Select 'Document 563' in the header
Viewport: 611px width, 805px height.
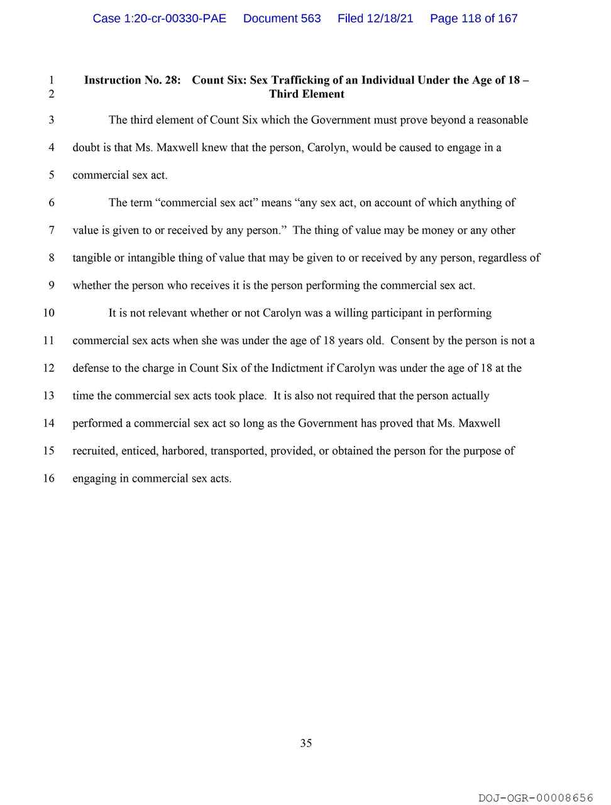(x=282, y=18)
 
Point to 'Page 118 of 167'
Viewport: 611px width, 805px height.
(x=473, y=18)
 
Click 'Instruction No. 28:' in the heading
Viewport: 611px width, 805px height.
(x=132, y=80)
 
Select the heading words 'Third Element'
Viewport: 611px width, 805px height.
(x=307, y=94)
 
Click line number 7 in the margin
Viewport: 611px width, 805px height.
(x=52, y=230)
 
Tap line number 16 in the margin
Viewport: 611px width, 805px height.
(x=49, y=478)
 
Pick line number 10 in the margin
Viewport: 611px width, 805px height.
(x=49, y=313)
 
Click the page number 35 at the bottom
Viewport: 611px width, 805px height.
(x=306, y=743)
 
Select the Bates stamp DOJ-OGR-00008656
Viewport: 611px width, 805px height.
(x=536, y=797)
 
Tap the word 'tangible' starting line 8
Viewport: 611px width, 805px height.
(x=92, y=258)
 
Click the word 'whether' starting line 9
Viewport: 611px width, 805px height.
(x=92, y=286)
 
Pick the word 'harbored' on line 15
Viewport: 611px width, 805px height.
(x=183, y=451)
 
